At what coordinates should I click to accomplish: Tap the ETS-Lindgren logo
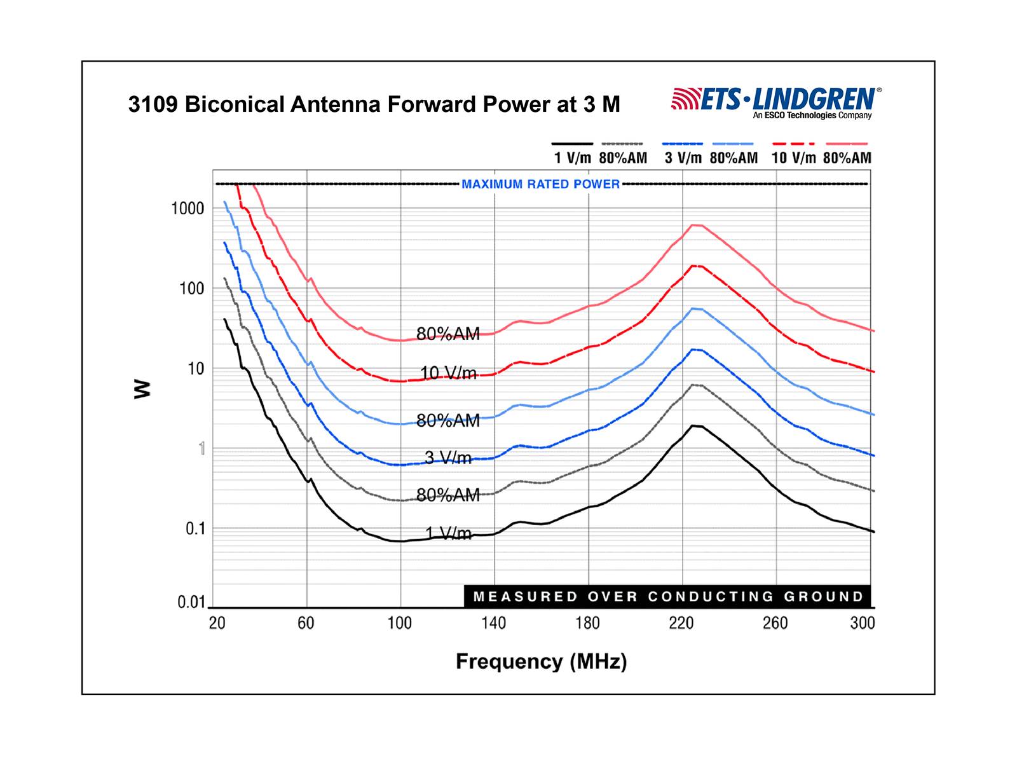coord(776,102)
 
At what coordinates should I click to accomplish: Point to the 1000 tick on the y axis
coord(188,209)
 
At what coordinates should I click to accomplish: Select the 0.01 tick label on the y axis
coord(191,602)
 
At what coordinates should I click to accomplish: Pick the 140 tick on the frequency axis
coord(493,623)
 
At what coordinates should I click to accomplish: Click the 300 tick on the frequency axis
coord(863,623)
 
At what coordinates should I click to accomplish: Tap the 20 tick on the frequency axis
coord(217,623)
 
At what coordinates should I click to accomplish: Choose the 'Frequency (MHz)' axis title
coord(541,662)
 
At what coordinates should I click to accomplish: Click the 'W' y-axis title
coord(143,388)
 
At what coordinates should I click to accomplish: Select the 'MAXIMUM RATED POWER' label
coord(540,184)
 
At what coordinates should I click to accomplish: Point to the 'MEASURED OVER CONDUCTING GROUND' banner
coord(667,596)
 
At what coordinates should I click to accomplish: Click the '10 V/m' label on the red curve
coord(448,373)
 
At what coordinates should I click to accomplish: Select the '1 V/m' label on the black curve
coord(448,533)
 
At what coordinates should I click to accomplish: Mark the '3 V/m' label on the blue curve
coord(448,457)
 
